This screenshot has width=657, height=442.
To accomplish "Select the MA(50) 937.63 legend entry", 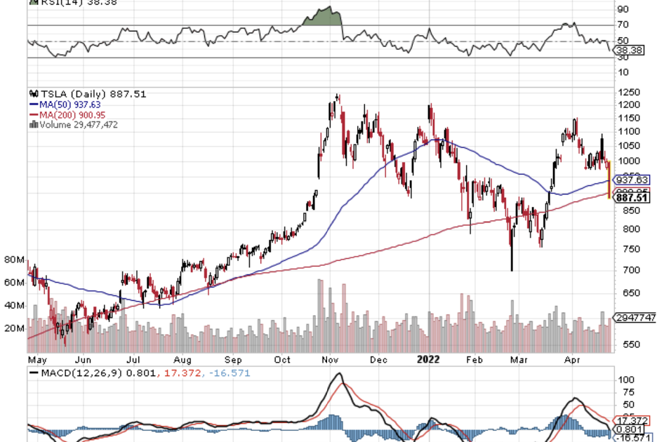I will [x=65, y=105].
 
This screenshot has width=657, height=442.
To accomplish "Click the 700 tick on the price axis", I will [x=624, y=270].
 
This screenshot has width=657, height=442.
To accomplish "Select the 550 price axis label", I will [x=624, y=344].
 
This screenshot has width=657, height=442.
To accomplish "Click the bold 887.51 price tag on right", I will [x=630, y=198].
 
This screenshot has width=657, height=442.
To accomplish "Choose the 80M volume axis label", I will [x=14, y=260].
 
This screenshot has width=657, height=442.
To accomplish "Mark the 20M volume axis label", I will [x=14, y=328].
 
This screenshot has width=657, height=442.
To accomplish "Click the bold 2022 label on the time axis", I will [x=428, y=359].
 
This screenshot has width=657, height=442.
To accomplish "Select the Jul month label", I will [x=133, y=359].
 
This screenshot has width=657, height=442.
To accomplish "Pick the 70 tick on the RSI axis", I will [x=622, y=26].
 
